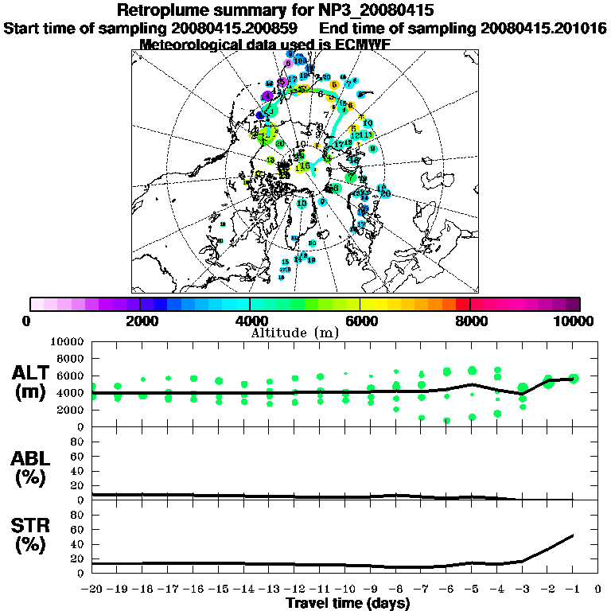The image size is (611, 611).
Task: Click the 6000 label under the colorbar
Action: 360,321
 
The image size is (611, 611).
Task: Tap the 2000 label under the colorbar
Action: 140,321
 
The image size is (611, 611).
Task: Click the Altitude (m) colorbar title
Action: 305,332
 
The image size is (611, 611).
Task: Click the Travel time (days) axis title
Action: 348,604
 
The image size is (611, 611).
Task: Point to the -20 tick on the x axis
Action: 92,590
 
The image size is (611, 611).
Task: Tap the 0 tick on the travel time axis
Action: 597,590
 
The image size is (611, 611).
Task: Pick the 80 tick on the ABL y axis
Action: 79,441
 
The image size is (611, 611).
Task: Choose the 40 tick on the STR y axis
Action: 79,544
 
